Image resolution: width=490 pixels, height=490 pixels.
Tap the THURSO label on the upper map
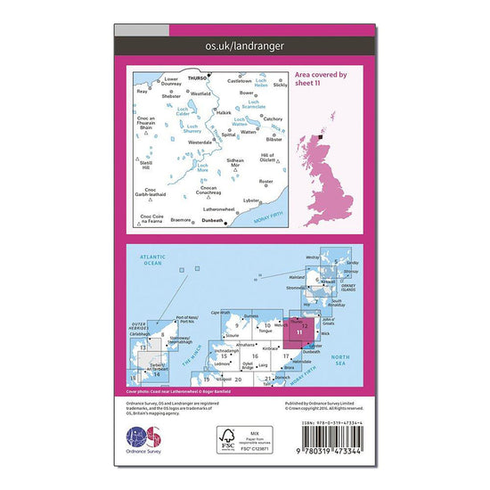pos(198,79)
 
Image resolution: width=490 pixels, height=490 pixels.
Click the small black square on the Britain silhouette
pos(323,137)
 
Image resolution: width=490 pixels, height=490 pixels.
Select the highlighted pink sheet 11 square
pos(305,333)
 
